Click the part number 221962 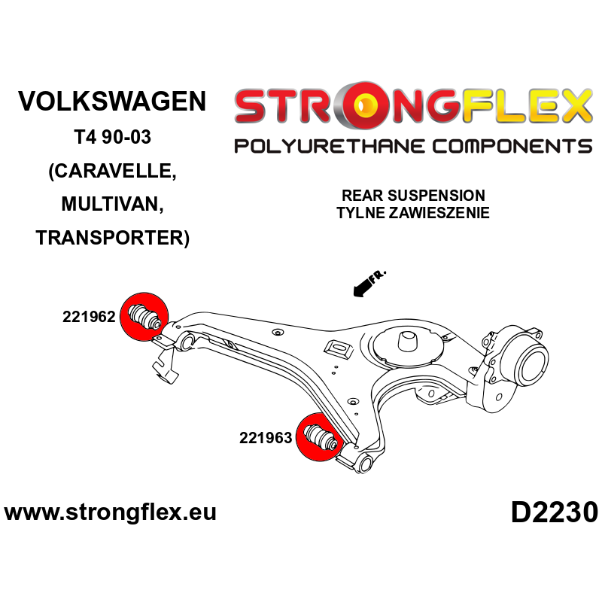[x=88, y=318]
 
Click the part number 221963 [x=266, y=437]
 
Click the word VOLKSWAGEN [x=112, y=102]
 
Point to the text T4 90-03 [x=112, y=138]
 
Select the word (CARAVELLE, [x=112, y=171]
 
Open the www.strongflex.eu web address [x=111, y=512]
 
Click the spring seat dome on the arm [x=409, y=342]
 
